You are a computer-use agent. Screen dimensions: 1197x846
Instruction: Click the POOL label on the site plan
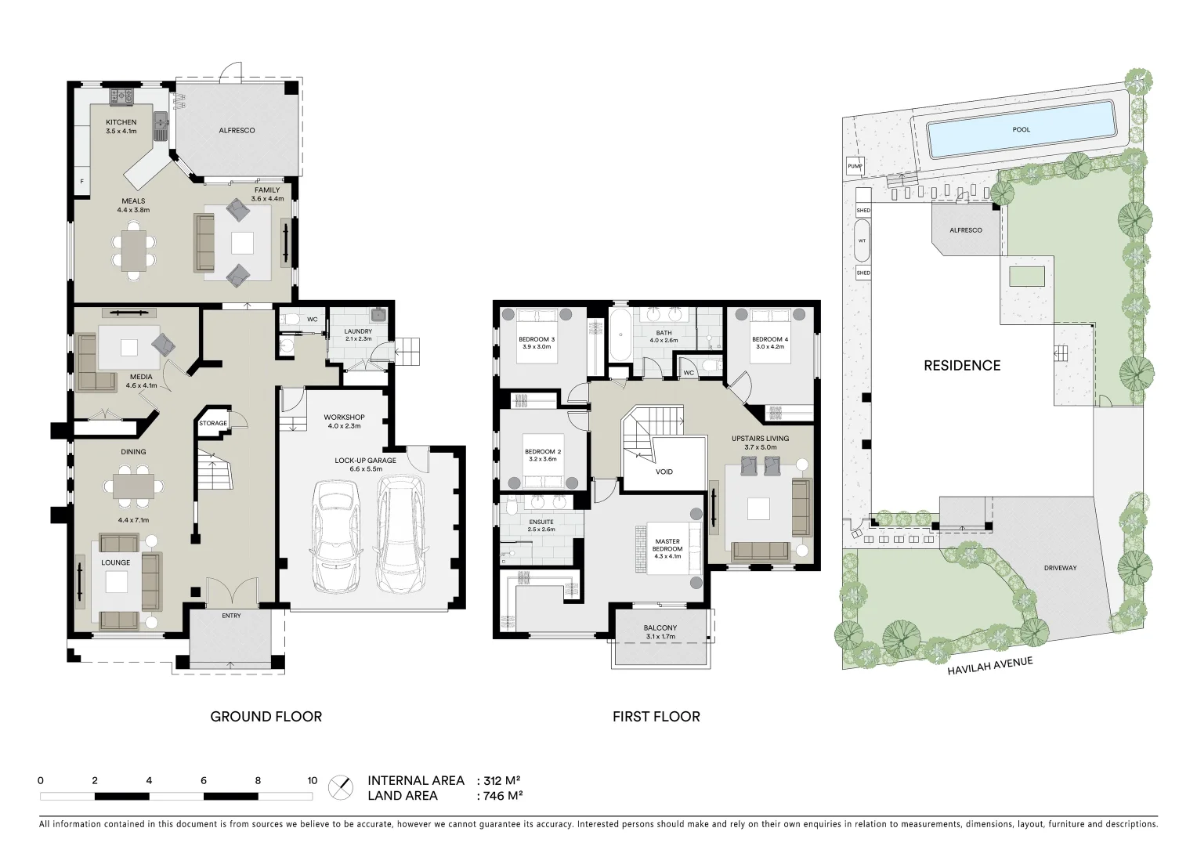click(x=1022, y=129)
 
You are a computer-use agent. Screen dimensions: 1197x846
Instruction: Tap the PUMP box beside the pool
click(x=855, y=166)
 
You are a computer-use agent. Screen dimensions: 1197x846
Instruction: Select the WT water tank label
click(x=862, y=241)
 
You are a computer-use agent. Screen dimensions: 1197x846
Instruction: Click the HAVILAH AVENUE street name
click(x=989, y=666)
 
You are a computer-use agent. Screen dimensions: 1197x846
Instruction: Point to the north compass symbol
click(x=341, y=788)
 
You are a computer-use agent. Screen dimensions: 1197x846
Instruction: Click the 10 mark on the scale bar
click(x=312, y=780)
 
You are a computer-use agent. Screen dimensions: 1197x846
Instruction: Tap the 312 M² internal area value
click(x=502, y=780)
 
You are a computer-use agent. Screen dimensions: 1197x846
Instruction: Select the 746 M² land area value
click(x=502, y=796)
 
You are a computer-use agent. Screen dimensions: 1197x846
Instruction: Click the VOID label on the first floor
click(x=664, y=472)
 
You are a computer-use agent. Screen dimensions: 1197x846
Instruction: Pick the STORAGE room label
click(x=213, y=423)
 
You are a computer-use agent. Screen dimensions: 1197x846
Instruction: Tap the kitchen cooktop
click(x=122, y=96)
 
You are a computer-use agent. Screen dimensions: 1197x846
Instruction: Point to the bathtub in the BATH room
click(x=621, y=334)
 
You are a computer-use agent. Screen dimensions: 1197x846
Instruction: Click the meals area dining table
click(x=134, y=251)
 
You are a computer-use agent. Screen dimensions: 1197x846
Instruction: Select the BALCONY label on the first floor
click(x=660, y=628)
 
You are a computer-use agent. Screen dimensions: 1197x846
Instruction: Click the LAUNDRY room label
click(x=358, y=331)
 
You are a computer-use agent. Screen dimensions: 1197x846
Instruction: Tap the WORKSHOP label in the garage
click(x=344, y=418)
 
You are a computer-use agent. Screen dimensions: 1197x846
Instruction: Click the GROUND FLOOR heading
click(x=266, y=717)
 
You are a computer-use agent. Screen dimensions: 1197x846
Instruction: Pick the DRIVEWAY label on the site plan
click(x=1060, y=568)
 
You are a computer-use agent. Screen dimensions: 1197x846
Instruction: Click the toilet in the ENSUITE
click(x=512, y=505)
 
